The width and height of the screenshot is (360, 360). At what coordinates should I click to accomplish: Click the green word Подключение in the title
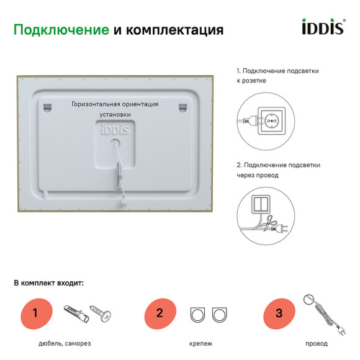tap(61, 30)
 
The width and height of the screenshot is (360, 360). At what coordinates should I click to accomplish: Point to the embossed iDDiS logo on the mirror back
tap(115, 130)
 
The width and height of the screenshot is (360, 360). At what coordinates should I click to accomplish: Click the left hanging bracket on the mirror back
tap(48, 107)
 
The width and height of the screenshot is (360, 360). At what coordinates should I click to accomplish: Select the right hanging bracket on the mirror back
tap(182, 107)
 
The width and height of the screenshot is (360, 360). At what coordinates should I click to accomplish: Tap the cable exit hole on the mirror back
tap(115, 143)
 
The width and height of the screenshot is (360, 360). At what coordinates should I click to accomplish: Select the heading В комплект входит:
tap(48, 282)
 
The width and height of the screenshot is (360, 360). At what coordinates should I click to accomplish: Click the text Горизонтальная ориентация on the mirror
tap(115, 104)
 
